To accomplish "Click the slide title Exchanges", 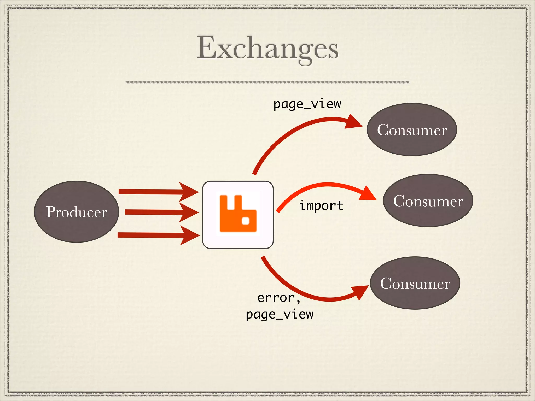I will (267, 49).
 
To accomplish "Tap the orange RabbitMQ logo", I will (238, 214).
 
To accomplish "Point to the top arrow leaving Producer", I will (152, 192).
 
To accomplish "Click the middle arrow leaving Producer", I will (154, 212).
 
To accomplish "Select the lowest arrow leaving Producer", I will (152, 235).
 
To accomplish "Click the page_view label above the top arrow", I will (307, 104).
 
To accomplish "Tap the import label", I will (321, 205).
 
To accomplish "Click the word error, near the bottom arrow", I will (279, 298).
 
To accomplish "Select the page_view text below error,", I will (280, 314).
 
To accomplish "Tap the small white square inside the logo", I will (246, 221).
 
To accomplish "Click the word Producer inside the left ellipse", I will (77, 212).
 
